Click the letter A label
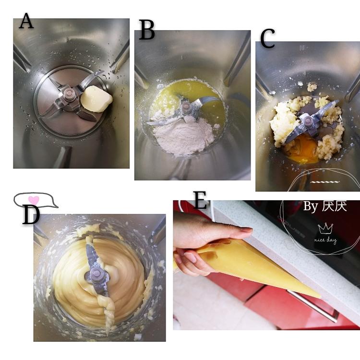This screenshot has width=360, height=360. point(26,21)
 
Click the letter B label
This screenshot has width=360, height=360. point(147,30)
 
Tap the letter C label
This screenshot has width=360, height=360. point(268,38)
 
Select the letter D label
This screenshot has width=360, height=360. point(32,215)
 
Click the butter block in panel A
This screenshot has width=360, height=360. point(96,99)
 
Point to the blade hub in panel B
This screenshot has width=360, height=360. point(186,107)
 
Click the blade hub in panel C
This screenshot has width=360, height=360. point(307,121)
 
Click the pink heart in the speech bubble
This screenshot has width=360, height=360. point(34,200)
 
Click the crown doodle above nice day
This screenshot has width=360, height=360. point(325,228)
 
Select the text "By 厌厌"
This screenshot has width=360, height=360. point(324,206)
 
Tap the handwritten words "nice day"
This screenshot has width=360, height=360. point(325,240)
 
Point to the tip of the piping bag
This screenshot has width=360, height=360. point(321,298)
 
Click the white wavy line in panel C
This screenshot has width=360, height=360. point(324,182)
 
